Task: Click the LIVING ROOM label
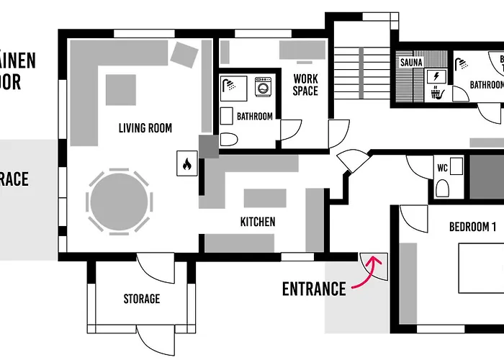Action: (145, 128)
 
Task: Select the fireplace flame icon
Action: (186, 164)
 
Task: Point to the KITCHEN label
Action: (258, 222)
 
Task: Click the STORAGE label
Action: (141, 298)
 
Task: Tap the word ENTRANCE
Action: (314, 289)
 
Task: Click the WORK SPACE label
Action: (305, 85)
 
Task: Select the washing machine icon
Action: (262, 88)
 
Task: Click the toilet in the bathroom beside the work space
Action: (228, 139)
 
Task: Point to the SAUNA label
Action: (410, 63)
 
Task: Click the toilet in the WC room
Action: (444, 188)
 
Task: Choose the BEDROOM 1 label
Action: (472, 227)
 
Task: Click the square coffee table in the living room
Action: (121, 90)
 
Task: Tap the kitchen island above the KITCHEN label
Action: (265, 197)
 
